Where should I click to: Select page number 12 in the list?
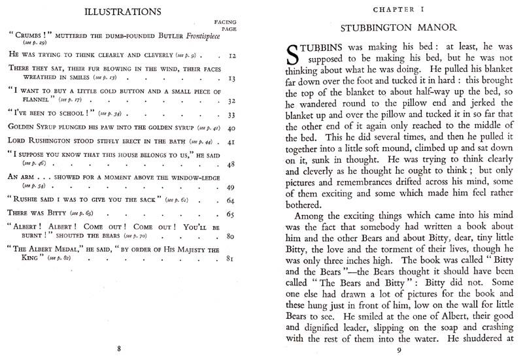coord(231,57)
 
